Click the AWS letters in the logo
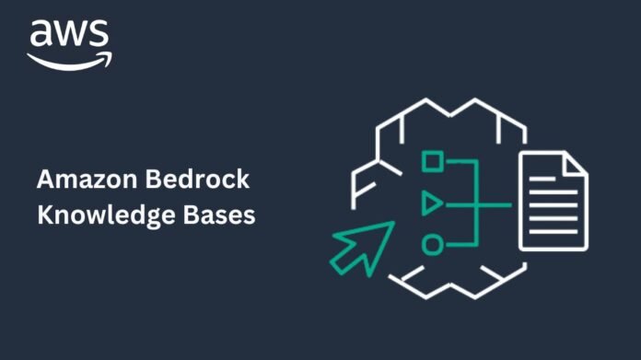coord(69,35)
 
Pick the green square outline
coord(432,161)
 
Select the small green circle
coord(431,244)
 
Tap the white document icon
coord(552,202)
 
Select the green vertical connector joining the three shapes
coord(478,203)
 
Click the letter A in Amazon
coord(44,178)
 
